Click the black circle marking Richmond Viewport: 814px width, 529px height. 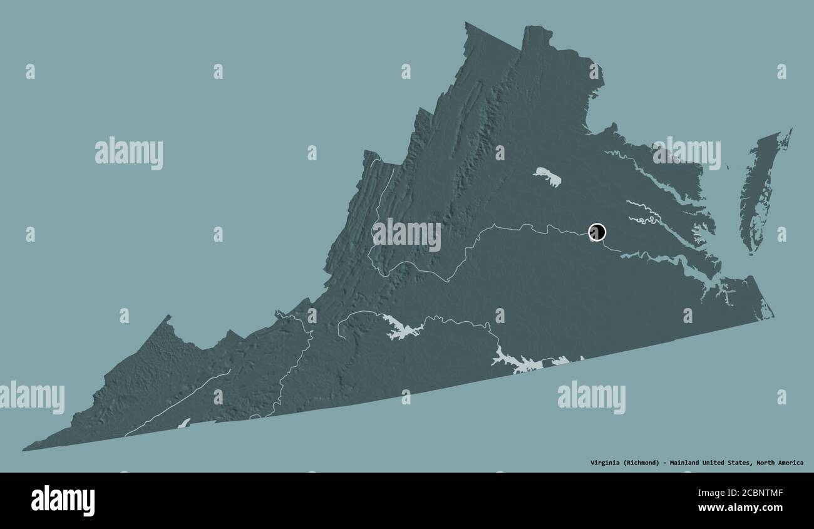pos(597,232)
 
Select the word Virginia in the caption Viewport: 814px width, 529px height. pos(605,463)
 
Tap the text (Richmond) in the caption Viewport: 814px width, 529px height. pos(641,463)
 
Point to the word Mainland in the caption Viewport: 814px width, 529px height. pos(684,463)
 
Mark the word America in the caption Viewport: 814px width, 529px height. pos(791,463)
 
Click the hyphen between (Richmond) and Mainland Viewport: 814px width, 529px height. pos(664,463)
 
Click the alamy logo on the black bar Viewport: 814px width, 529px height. pos(63,501)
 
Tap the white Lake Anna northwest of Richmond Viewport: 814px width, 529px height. pos(547,177)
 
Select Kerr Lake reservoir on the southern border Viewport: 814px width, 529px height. pos(517,362)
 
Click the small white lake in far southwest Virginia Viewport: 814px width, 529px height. pos(183,423)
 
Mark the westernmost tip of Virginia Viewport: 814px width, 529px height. pos(24,449)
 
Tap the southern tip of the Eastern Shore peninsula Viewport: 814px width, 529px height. pos(751,252)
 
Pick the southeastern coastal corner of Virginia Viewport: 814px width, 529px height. pos(772,317)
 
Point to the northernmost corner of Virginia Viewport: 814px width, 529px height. pos(466,23)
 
